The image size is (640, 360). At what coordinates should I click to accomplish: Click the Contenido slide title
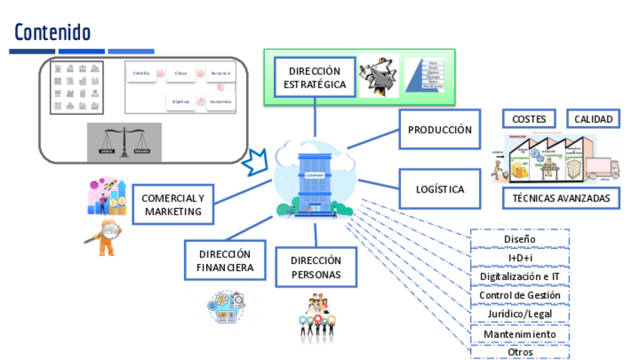point(52,32)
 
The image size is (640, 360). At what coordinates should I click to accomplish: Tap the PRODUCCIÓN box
point(440,129)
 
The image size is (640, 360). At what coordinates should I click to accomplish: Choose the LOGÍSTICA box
point(440,189)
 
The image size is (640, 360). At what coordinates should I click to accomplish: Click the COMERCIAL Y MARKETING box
point(173,205)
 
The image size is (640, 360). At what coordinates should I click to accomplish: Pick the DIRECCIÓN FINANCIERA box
point(226,260)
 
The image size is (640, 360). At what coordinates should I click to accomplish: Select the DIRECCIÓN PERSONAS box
point(315,267)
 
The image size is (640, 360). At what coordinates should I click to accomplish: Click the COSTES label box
point(529,119)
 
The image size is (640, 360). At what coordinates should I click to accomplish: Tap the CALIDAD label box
point(593,119)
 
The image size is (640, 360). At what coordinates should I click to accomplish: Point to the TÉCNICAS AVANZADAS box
point(561,198)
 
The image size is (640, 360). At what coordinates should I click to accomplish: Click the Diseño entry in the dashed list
point(519,239)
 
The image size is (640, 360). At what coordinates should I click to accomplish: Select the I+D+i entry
point(519,258)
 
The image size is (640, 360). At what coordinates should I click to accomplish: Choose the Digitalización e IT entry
point(519,277)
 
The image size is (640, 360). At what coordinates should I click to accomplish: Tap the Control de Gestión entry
point(519,296)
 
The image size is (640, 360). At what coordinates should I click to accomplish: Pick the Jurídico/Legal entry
point(519,315)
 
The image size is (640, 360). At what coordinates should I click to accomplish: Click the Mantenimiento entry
point(519,334)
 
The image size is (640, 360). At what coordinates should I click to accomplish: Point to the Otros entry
point(519,352)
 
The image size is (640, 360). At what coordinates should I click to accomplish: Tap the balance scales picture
point(124,141)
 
